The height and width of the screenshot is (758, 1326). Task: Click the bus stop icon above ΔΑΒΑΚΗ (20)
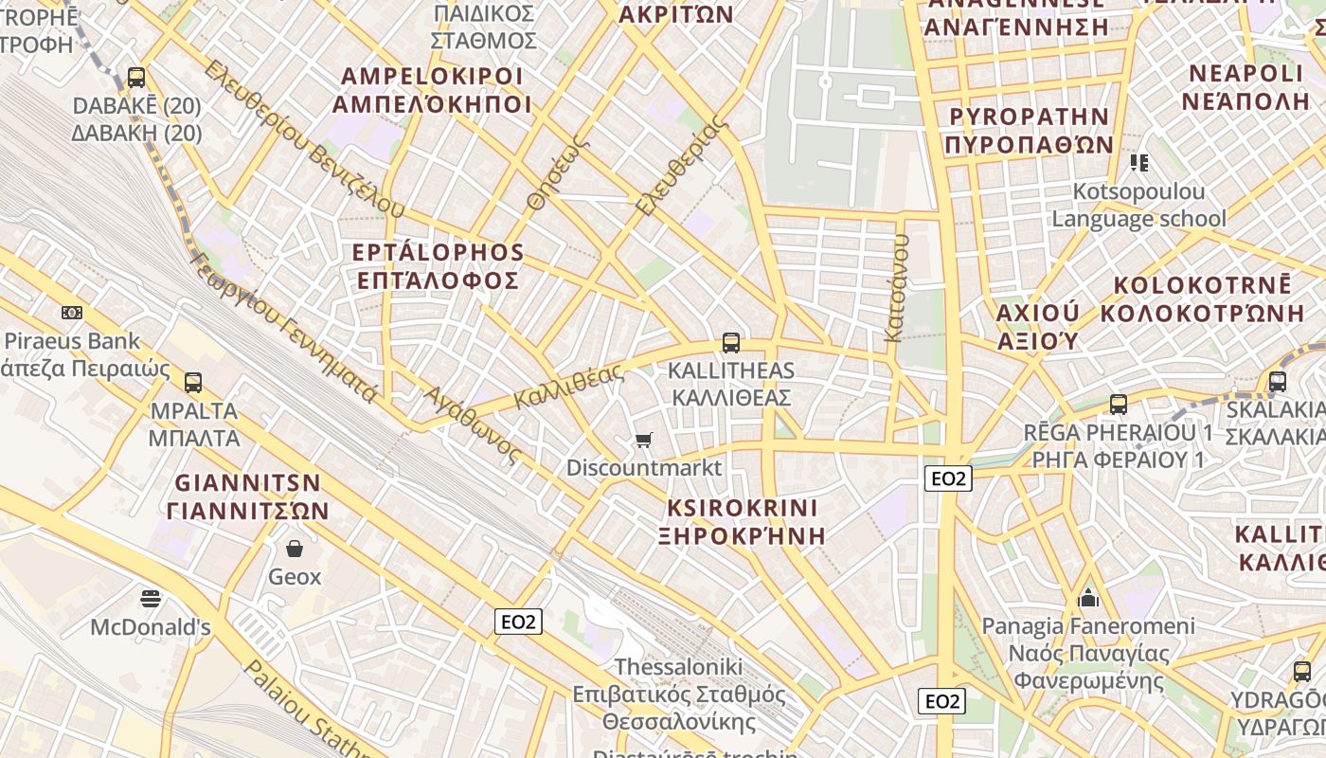pos(136,78)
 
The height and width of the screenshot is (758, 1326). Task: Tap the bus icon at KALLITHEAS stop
pos(730,343)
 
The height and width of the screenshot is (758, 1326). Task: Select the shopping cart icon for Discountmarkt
pos(644,440)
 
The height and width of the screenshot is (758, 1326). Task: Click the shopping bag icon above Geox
pos(295,549)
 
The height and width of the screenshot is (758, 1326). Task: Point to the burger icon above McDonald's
pos(151,599)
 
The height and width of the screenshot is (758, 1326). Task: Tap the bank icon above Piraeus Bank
pos(71,313)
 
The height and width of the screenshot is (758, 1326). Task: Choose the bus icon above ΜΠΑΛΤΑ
pos(193,383)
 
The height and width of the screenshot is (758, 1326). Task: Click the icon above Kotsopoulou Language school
pos(1138,163)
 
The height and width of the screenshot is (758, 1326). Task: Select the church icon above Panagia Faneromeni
pos(1088,599)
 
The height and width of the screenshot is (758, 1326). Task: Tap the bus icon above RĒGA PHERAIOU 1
pos(1118,405)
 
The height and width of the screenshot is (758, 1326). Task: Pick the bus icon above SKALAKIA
pos(1277,382)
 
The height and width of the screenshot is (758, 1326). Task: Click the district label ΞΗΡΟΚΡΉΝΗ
pos(742,535)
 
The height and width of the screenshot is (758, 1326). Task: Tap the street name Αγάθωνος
pos(472,425)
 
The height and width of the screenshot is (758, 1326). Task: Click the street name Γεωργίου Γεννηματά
pos(284,327)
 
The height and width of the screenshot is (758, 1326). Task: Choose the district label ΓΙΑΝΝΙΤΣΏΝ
pos(247,511)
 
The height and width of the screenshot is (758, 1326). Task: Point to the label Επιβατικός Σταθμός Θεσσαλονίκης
pos(678,708)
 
